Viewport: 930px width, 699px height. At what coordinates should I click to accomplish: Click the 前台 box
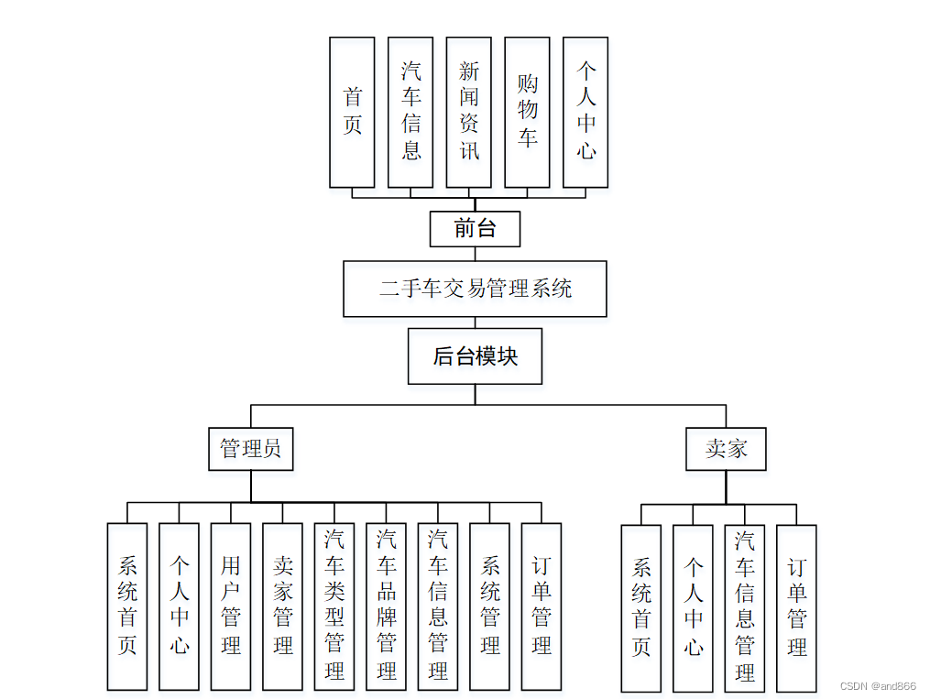tap(475, 229)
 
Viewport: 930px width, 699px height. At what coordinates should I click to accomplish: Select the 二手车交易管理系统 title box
tap(475, 289)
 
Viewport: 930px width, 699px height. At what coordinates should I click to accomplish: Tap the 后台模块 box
tap(475, 356)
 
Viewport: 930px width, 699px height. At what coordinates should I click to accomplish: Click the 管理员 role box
tap(250, 449)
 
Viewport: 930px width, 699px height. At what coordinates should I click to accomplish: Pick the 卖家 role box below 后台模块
tap(726, 449)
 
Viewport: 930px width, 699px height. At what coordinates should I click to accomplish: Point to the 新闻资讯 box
tap(468, 112)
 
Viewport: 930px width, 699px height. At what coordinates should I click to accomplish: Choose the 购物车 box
tap(527, 112)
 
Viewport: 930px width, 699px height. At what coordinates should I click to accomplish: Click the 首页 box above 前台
tap(352, 112)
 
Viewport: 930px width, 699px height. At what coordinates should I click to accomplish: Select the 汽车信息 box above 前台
tap(410, 112)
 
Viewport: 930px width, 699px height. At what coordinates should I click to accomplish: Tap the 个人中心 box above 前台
tap(585, 112)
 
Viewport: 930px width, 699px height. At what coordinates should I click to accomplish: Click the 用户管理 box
tap(231, 606)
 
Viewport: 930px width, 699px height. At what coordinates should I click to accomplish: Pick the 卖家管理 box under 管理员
tap(282, 606)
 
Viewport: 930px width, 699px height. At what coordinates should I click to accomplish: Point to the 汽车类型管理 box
tap(334, 606)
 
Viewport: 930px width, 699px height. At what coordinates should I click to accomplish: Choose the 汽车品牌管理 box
tap(386, 606)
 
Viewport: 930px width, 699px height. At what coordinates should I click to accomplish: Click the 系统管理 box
tap(490, 606)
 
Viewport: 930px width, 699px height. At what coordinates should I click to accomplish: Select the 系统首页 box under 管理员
tap(127, 606)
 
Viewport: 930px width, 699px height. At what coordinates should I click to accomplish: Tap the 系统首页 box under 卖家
tap(640, 607)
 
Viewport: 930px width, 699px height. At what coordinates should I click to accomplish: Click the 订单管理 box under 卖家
tap(796, 607)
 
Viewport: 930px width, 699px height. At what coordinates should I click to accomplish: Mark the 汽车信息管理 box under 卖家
tap(745, 607)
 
